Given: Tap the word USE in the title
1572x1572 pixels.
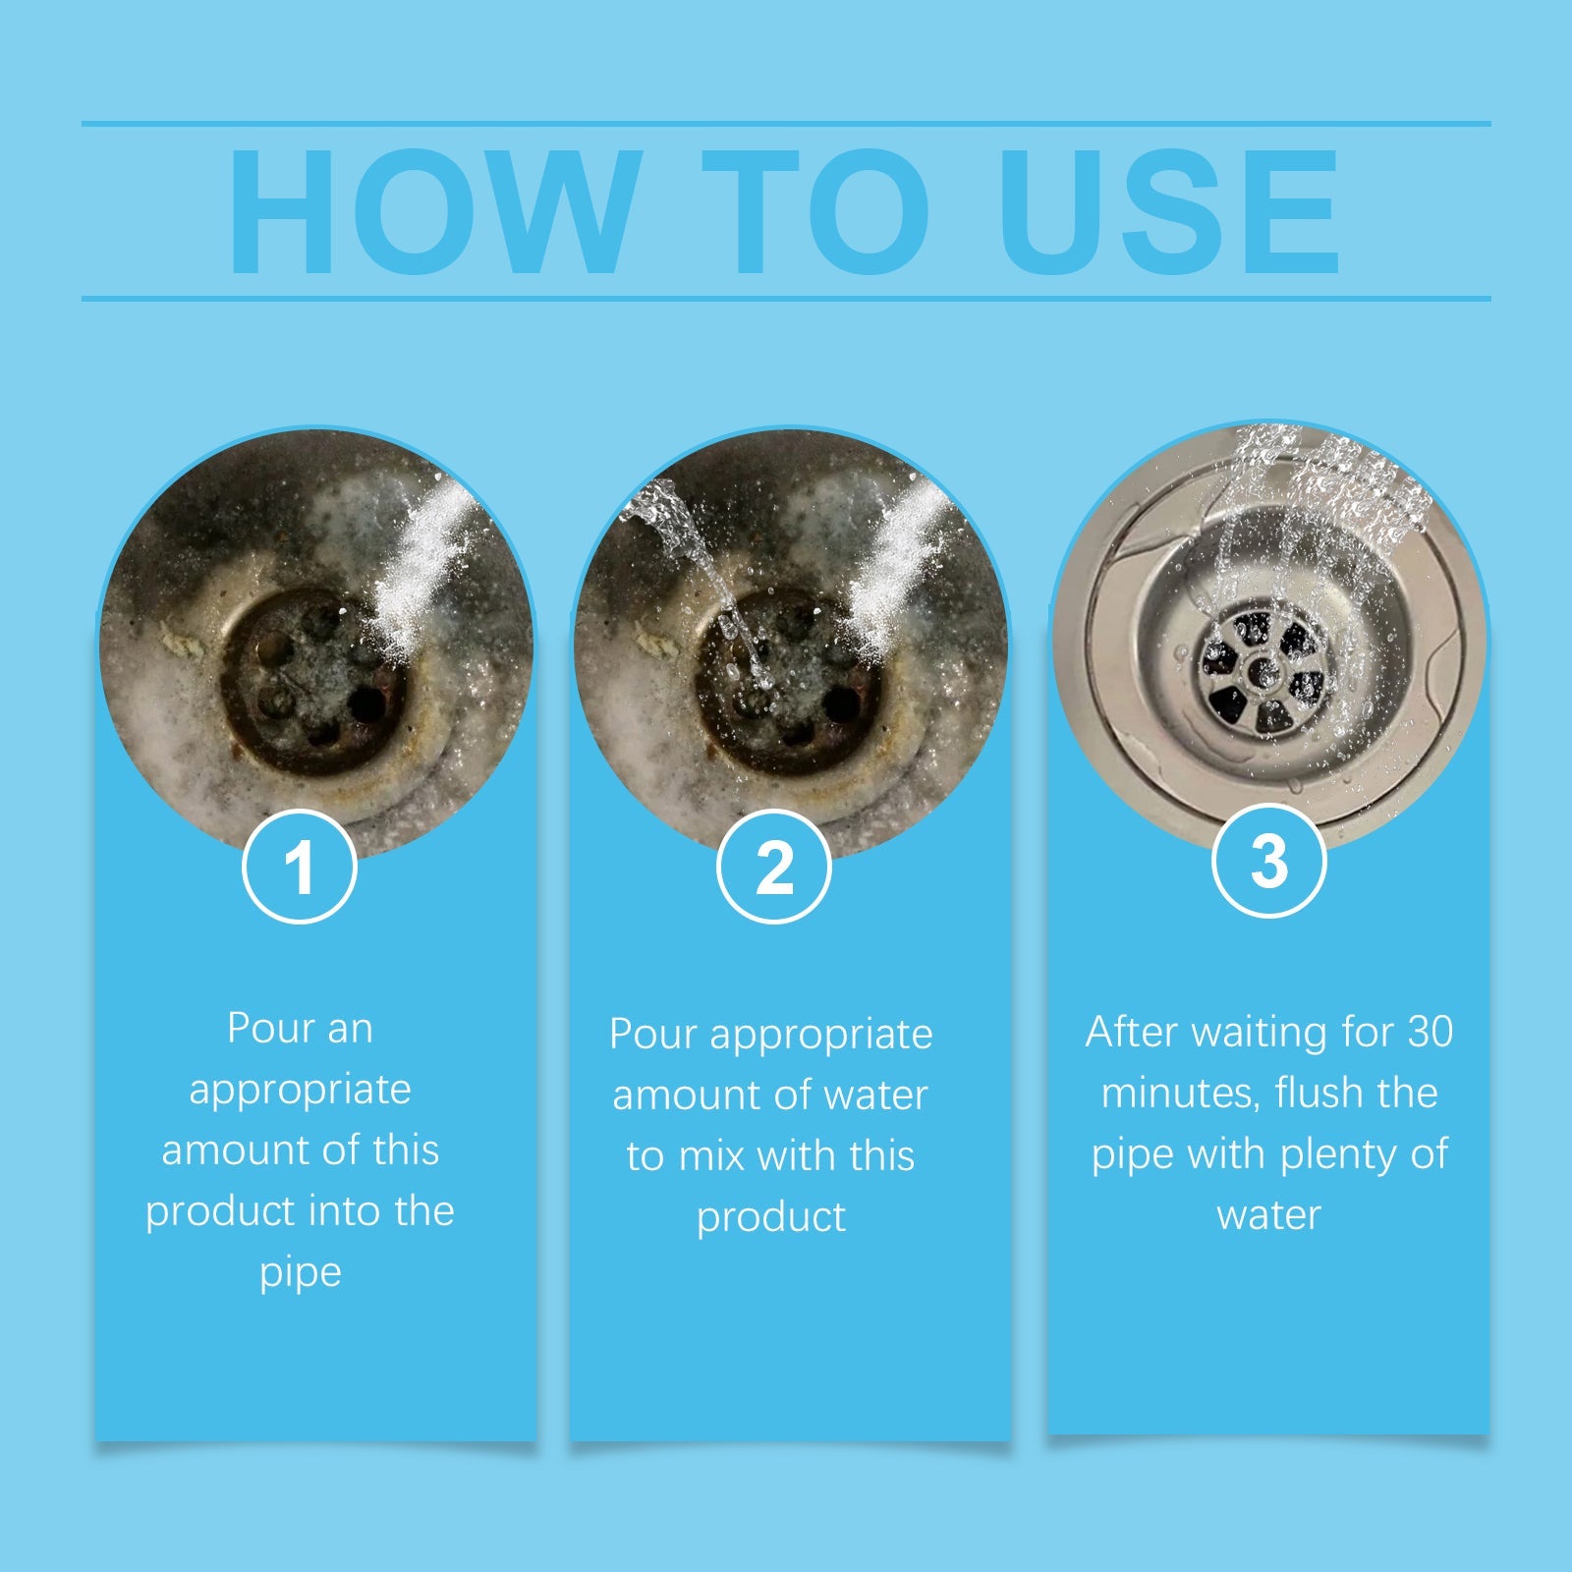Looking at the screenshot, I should click(1169, 211).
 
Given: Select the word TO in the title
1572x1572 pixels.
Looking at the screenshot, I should click(815, 211).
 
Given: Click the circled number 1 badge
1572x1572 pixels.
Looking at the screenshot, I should click(300, 867).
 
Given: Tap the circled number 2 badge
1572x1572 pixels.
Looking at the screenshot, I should click(774, 867).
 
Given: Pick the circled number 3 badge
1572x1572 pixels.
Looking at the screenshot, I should click(1269, 861).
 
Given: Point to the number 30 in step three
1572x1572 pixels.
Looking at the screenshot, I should click(1430, 1032).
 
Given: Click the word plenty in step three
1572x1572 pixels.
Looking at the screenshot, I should click(1339, 1154).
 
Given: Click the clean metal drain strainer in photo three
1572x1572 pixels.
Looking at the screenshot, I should click(1264, 674).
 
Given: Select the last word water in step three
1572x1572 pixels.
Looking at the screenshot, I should click(1268, 1215).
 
